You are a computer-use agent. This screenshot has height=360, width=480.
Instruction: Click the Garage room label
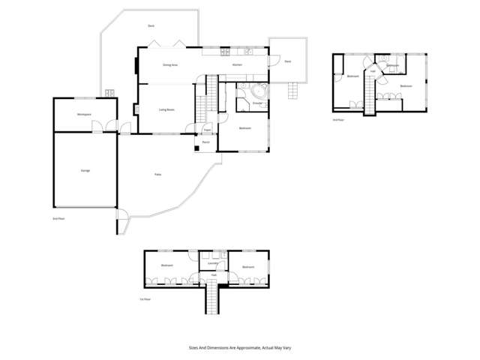click(85, 171)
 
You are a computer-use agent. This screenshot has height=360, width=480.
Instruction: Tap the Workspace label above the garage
click(84, 114)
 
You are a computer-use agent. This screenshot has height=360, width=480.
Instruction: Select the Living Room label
click(166, 110)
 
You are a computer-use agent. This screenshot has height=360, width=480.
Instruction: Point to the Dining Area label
click(170, 65)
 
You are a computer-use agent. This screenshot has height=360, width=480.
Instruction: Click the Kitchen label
click(237, 65)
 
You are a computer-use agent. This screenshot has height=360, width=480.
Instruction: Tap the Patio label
click(157, 174)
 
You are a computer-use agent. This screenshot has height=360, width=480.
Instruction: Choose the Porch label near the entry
click(205, 142)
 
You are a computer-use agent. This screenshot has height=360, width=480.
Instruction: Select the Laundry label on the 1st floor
click(213, 263)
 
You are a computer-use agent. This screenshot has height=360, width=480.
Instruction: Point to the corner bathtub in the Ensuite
click(259, 93)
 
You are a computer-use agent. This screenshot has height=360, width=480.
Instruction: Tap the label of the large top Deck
click(151, 26)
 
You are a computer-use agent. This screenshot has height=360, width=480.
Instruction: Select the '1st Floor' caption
click(145, 299)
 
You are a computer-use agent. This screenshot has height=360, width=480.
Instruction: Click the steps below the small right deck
click(294, 90)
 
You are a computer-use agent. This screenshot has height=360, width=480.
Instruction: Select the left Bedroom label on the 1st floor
click(167, 266)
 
